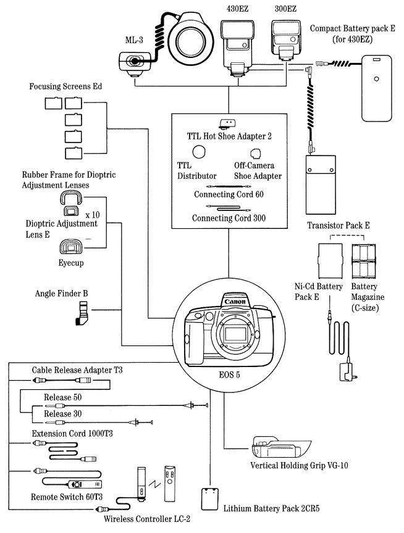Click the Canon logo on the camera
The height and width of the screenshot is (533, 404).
[x=232, y=302]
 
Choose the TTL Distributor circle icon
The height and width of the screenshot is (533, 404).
[x=199, y=151]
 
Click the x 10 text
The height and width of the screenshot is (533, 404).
[x=93, y=214]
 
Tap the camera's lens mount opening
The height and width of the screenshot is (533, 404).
[x=232, y=334]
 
